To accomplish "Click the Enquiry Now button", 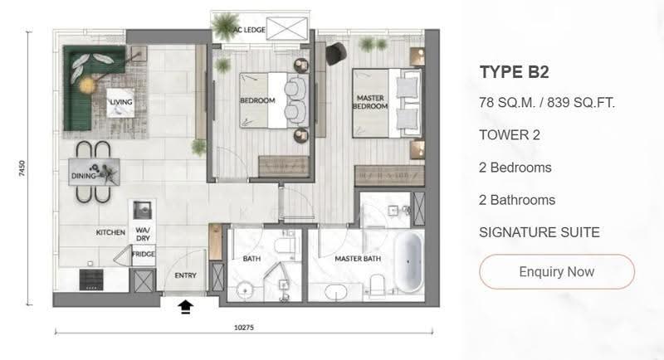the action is point(556,271).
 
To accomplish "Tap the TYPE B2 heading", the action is point(514,72).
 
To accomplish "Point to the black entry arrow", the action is point(185,307).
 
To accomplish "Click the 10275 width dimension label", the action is point(244,328).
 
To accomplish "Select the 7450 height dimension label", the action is point(22,168).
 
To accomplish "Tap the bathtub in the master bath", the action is point(408,262).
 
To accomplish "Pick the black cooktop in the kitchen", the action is point(91,280).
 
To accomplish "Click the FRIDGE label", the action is point(143,255).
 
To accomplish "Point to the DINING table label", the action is point(84,176).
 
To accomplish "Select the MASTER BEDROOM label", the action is point(370,102).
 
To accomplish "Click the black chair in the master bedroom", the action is point(336,54).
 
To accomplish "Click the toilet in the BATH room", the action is point(283,246).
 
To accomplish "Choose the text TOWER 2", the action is point(510,135).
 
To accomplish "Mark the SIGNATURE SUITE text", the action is point(539,232).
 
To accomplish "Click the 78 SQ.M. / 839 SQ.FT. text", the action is point(547,102).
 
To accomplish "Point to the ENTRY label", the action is point(185,275).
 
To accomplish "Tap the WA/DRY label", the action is point(143,234).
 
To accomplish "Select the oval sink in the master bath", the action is point(336,292).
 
